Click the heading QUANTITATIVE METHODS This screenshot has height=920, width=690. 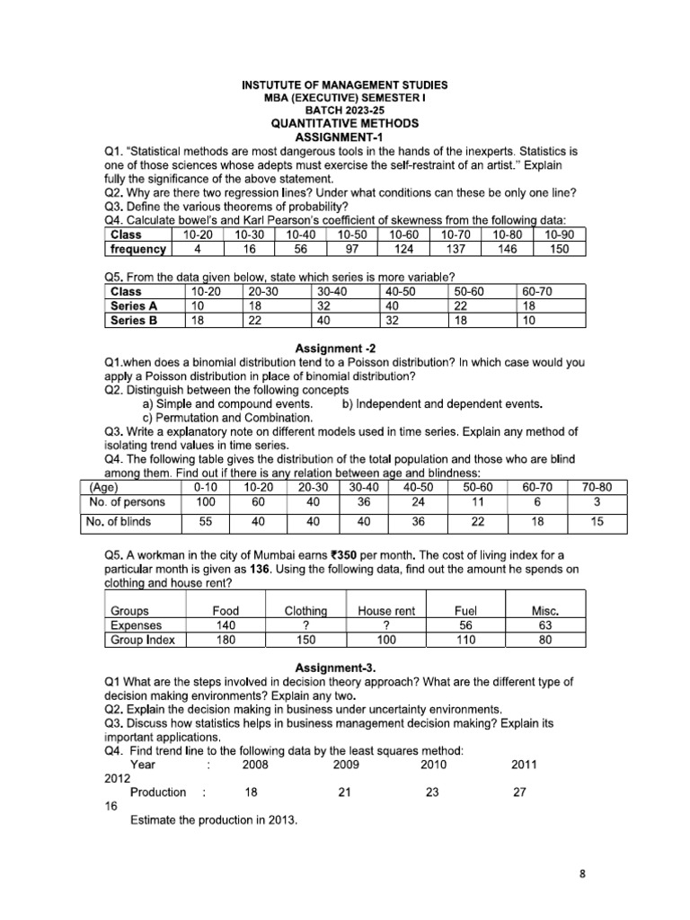point(344,123)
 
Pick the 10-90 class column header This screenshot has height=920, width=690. point(559,234)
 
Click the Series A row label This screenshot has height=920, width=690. point(128,305)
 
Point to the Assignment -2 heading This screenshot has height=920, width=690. point(344,348)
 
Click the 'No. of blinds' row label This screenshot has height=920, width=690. point(118,521)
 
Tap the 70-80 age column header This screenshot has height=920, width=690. point(597,487)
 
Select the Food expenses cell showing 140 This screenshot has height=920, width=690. point(226,625)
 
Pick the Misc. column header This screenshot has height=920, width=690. point(545,611)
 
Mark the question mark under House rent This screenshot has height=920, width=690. point(385,625)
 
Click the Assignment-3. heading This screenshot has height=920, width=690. point(344,668)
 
